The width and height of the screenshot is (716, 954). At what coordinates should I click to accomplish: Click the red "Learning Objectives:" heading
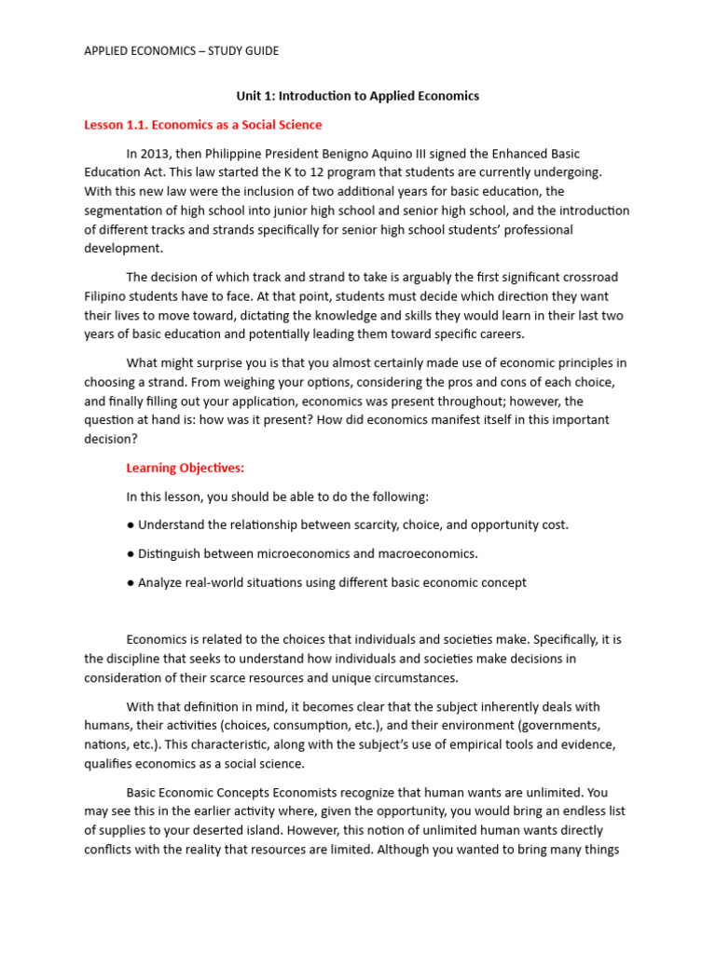186,468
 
